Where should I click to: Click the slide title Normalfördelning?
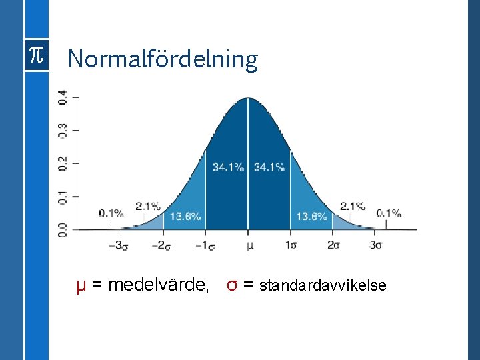point(162,59)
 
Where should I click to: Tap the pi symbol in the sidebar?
point(35,57)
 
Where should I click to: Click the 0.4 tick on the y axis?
point(62,97)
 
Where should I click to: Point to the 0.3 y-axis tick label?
point(62,130)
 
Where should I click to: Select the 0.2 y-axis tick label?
point(62,163)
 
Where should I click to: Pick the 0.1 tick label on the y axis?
point(62,197)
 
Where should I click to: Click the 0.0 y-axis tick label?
point(62,230)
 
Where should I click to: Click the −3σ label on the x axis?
point(118,245)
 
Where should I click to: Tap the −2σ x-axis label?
point(162,245)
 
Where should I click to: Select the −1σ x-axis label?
point(205,245)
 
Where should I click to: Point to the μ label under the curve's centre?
point(249,245)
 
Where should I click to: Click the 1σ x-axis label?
point(291,245)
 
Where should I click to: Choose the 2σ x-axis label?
point(334,245)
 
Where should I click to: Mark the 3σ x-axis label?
point(377,245)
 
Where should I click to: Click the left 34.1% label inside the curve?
point(228,167)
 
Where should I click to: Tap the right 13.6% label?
point(311,216)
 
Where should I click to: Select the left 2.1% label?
point(148,206)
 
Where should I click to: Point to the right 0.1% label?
point(389,213)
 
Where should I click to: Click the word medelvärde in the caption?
point(158,285)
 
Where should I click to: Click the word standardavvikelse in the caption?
point(323,286)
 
